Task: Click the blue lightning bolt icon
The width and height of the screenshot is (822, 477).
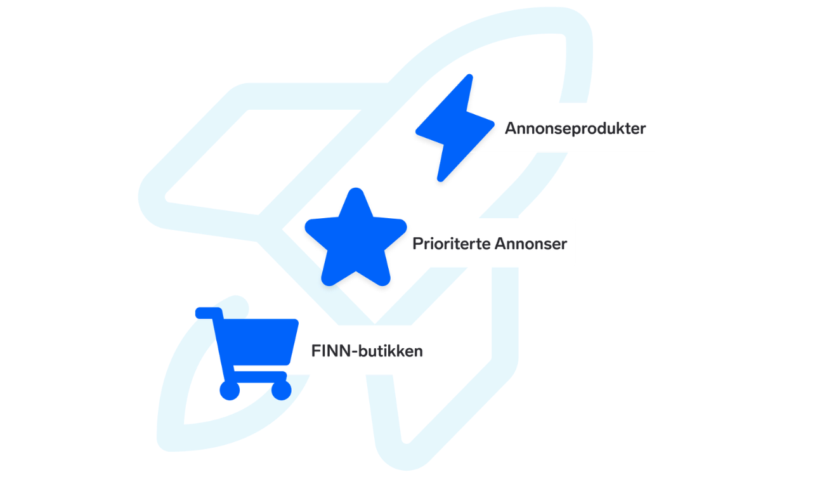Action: pos(455,127)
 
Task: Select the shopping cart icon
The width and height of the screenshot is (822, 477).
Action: pos(247,353)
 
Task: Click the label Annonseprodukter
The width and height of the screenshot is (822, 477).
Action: pos(575,128)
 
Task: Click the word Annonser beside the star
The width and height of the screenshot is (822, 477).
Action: pos(531,244)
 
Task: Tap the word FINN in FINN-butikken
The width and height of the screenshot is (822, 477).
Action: pos(330,351)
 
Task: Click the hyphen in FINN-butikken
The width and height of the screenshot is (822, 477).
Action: pos(354,353)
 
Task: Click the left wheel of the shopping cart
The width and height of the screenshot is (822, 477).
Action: pos(230,390)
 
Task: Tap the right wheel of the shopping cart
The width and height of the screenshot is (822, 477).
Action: pos(282,390)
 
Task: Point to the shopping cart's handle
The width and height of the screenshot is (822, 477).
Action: pos(209,313)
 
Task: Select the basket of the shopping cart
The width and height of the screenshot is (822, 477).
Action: pos(256,342)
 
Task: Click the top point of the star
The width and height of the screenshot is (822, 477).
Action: pos(356,190)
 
